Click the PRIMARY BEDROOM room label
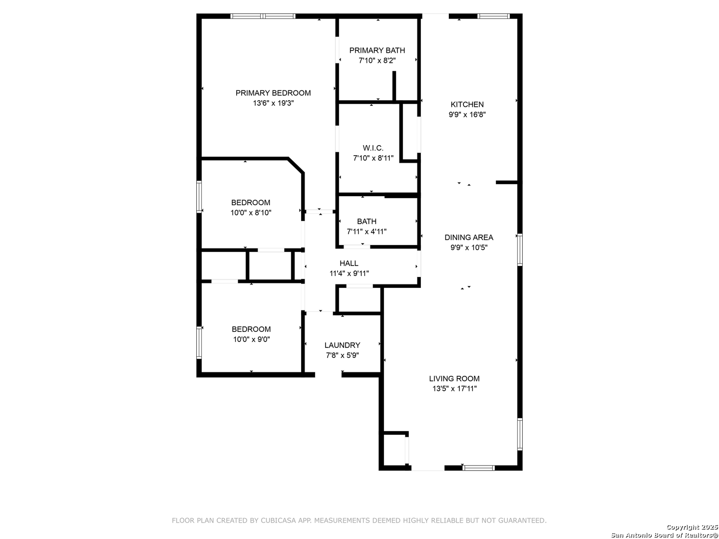(273, 93)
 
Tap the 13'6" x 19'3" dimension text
(273, 103)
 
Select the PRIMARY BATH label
(377, 50)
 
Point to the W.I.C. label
(373, 148)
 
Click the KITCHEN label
(467, 104)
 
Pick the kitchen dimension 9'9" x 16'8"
(467, 115)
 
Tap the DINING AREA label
(469, 237)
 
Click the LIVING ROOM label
(454, 379)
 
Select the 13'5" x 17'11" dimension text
(454, 389)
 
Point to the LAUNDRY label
(343, 345)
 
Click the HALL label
(349, 263)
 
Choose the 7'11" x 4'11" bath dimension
(366, 232)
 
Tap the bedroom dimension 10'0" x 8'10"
(251, 213)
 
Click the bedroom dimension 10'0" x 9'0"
(251, 339)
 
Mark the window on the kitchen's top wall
(493, 16)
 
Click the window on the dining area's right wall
(519, 250)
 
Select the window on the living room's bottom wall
(478, 468)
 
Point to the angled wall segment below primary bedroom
(296, 165)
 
